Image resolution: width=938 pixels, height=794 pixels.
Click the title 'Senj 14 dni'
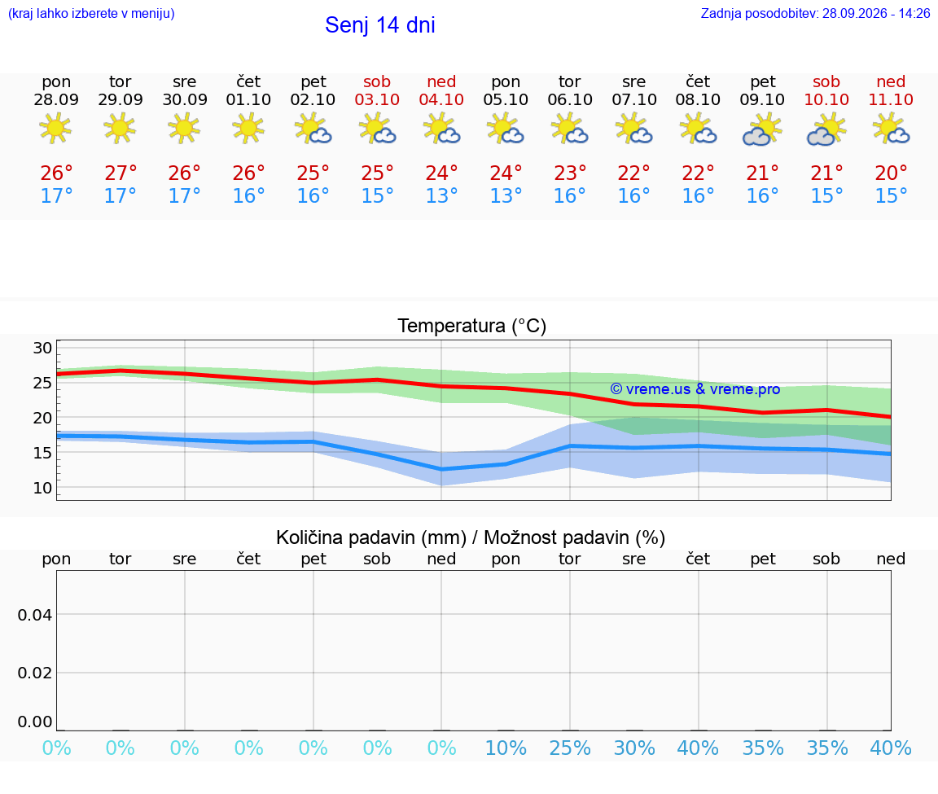coord(380,25)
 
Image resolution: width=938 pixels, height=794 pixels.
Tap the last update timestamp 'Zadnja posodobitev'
coord(815,13)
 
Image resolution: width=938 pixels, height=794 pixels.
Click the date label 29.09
coord(121,100)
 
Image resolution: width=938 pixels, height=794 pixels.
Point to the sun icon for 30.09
coord(184,128)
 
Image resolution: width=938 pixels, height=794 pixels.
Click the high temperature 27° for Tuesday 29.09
coord(121,173)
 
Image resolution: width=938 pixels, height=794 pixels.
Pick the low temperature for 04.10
coord(441,195)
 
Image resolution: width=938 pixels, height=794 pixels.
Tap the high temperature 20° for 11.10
coord(891,173)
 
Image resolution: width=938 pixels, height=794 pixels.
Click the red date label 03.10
coord(377,100)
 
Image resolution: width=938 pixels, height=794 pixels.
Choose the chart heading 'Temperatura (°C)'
coord(472,326)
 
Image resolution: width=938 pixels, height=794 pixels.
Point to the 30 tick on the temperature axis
coord(42,348)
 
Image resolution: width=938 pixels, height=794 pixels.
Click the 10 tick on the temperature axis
coord(42,489)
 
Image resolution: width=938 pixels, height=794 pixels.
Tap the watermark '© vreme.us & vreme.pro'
coord(695,389)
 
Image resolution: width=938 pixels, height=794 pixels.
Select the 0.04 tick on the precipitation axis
coord(35,615)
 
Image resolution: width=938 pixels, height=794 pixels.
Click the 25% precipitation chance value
coord(570,748)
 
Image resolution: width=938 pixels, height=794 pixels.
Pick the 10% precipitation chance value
coord(506,748)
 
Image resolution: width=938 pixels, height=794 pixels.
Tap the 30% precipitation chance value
coord(634,748)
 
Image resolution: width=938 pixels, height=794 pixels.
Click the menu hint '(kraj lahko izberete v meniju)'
coord(91,13)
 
